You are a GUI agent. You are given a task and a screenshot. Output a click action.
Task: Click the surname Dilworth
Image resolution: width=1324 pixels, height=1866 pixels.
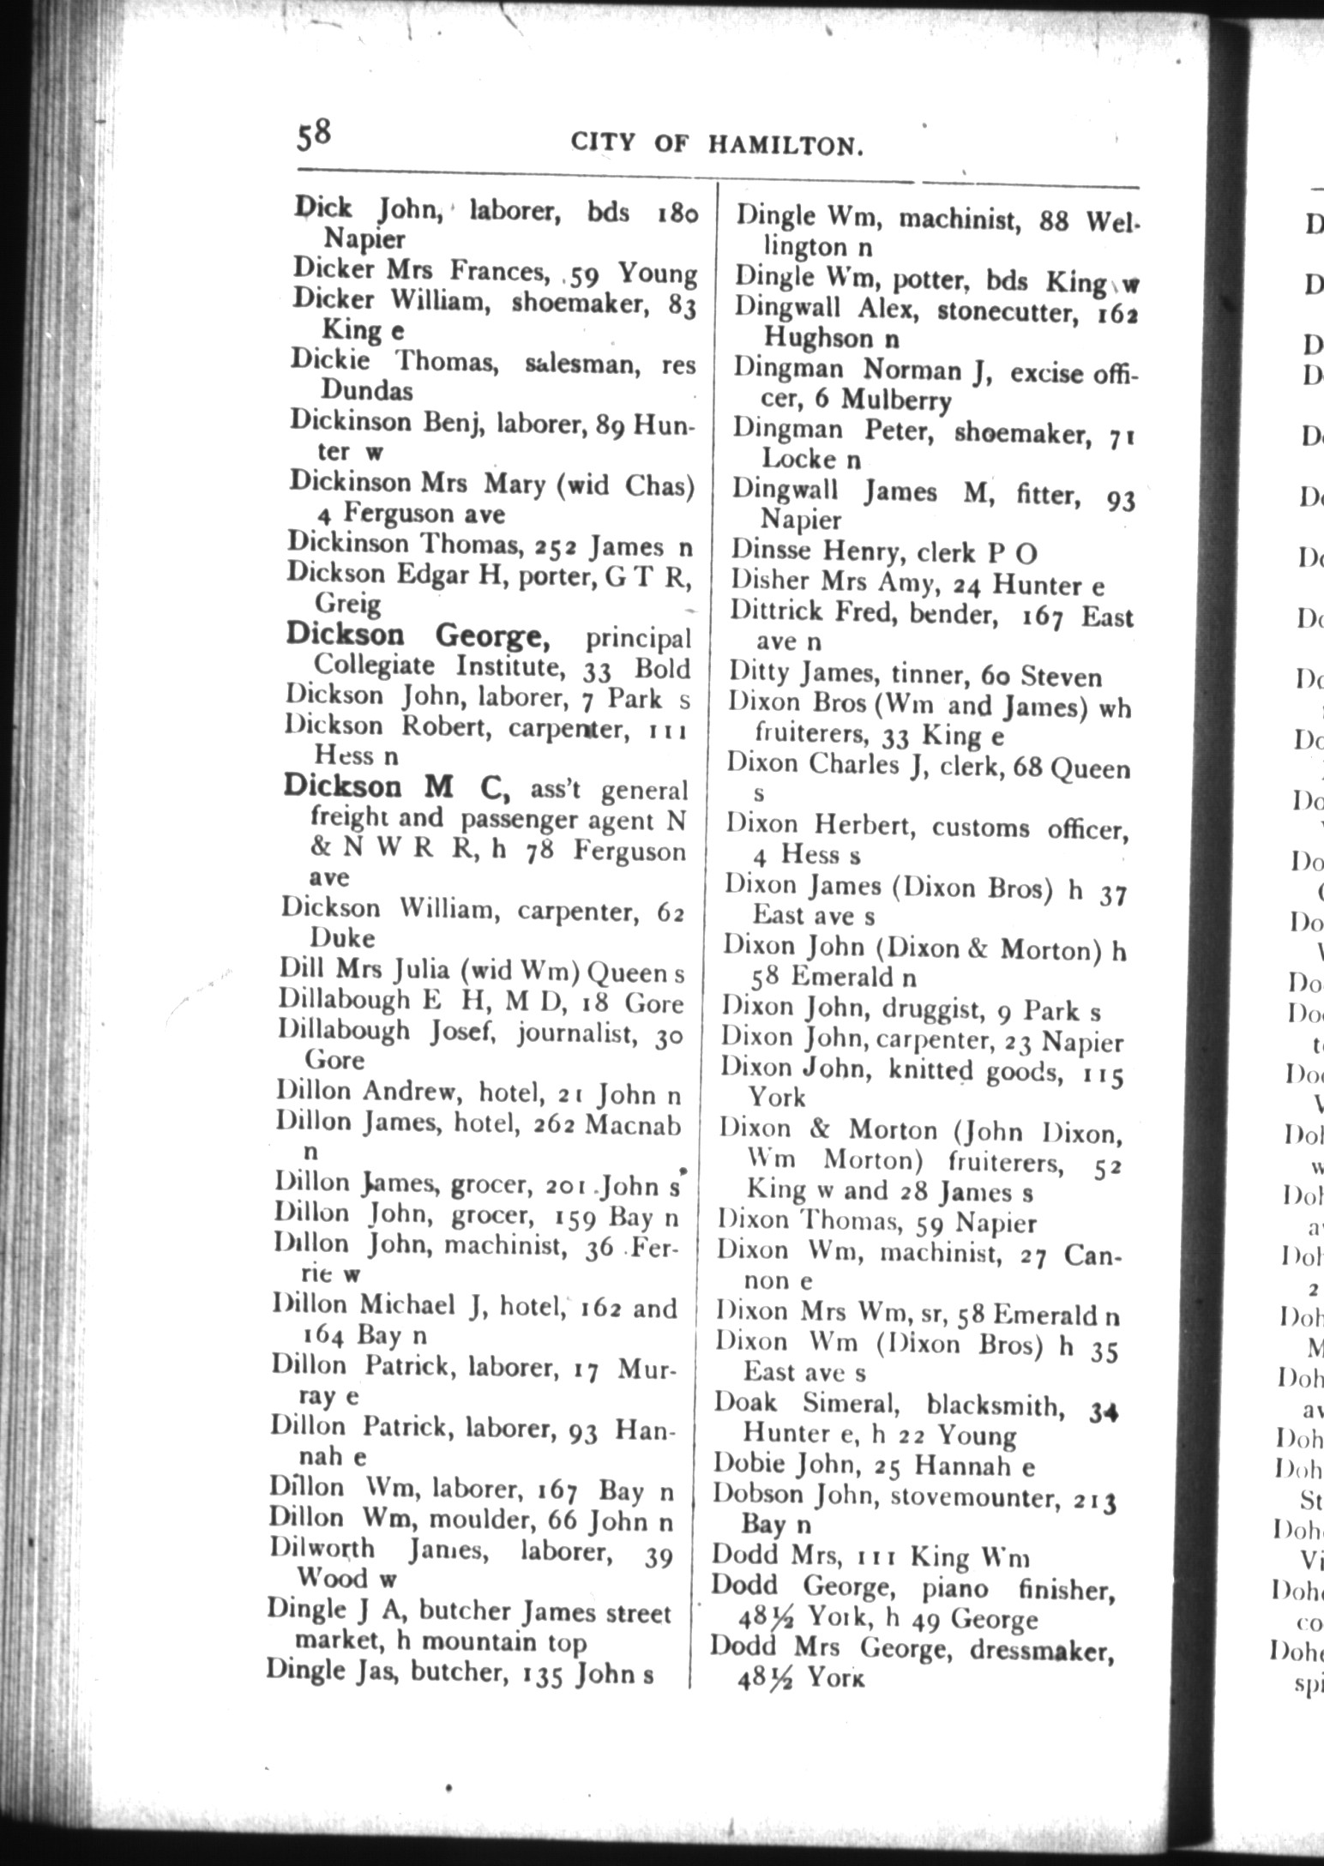322,1549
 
